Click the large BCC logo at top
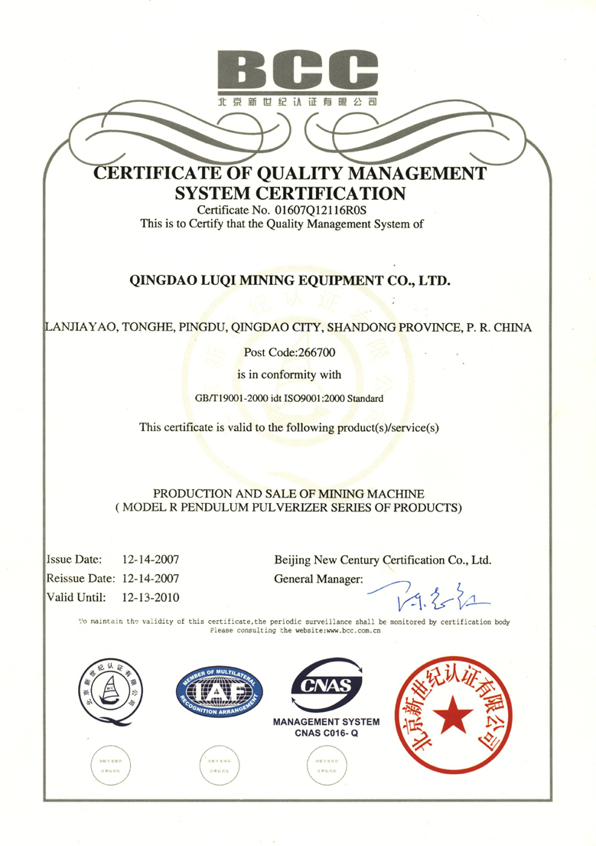coord(298,68)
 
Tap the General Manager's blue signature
coord(428,590)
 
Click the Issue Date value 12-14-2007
coord(151,560)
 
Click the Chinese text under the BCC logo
coord(298,101)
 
